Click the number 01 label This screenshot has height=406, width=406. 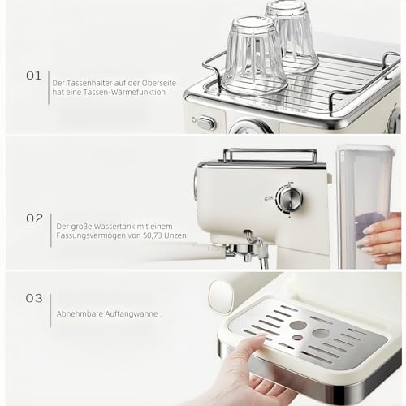click(33, 76)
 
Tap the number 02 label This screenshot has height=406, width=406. click(34, 218)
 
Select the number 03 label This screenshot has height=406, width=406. click(34, 298)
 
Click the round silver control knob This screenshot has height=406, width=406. click(289, 197)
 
